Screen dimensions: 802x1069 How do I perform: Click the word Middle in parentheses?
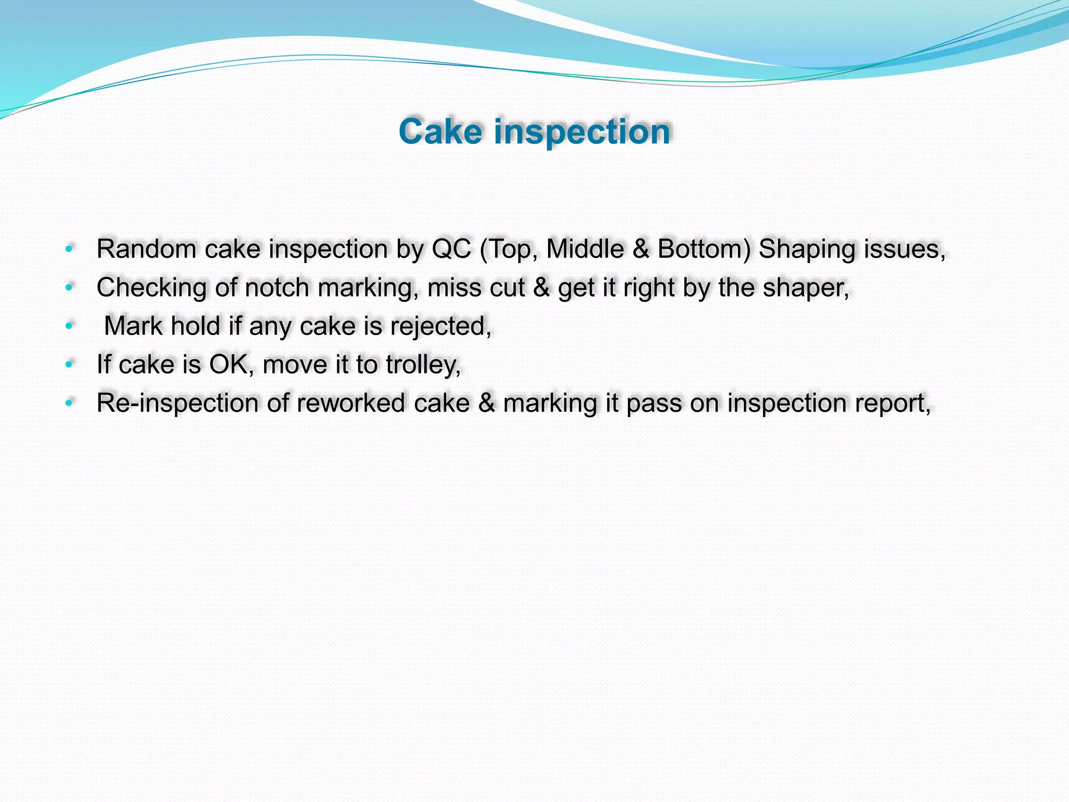(585, 249)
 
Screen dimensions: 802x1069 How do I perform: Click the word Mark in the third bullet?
(133, 326)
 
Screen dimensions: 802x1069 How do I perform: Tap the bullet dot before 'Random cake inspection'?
(69, 249)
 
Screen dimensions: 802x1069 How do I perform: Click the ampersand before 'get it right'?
(541, 288)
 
